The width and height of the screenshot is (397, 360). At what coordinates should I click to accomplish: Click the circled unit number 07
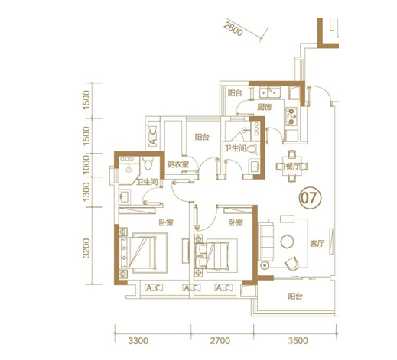pos(310,198)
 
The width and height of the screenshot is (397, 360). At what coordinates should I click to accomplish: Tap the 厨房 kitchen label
pos(264,107)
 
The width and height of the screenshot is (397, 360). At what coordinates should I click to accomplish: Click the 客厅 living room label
pos(317,244)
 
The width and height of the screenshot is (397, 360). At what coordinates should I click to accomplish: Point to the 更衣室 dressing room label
pos(177,164)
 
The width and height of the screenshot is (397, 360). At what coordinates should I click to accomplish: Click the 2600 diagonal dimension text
pos(233,29)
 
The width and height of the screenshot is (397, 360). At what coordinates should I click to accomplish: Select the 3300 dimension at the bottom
pos(138,341)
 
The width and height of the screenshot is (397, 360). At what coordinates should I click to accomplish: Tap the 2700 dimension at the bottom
pos(220,341)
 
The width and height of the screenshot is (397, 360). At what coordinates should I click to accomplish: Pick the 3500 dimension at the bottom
pos(298,341)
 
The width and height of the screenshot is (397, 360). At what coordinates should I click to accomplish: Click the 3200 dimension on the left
pos(86,248)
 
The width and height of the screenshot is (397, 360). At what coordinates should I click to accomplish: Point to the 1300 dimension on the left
pos(86,192)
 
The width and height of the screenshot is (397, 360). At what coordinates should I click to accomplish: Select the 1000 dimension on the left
pos(86,165)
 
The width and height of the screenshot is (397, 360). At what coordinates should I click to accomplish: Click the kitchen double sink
pos(270,92)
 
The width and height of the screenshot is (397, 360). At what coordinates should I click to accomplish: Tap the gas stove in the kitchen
pos(291,116)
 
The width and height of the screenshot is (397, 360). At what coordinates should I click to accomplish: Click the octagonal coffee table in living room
pos(288,241)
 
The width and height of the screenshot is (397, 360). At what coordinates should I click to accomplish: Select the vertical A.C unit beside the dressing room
pos(152,136)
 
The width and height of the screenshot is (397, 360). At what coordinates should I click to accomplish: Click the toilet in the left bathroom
pos(148,164)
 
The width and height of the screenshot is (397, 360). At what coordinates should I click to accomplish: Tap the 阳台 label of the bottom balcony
pos(295,297)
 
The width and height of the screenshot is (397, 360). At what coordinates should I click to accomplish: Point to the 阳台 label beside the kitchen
pos(235,93)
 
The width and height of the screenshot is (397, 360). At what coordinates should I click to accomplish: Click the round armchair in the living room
pos(291,263)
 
